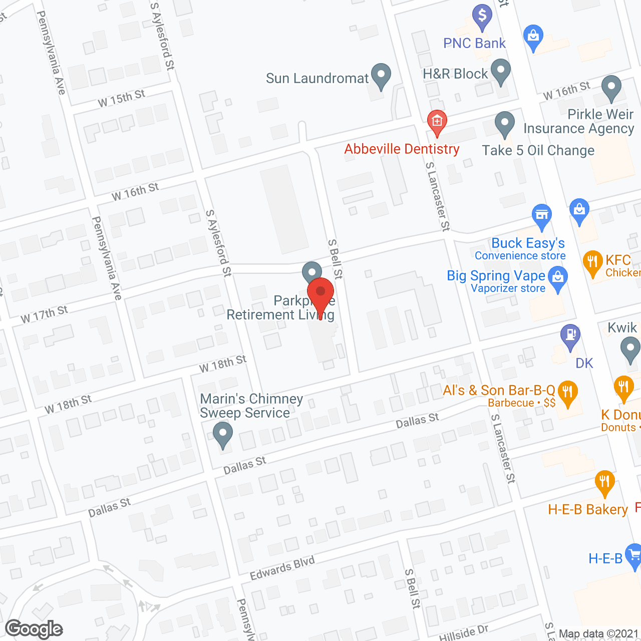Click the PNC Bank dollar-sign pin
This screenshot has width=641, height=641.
482,17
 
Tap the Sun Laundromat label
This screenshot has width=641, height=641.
317,79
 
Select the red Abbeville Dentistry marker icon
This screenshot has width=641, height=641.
437,122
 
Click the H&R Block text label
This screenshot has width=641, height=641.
455,74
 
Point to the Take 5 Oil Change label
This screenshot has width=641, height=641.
538,151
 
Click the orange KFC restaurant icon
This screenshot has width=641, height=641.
592,261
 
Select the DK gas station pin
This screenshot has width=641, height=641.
570,336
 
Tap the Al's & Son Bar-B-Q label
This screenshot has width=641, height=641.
499,391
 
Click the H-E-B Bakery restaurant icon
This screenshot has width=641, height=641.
604,482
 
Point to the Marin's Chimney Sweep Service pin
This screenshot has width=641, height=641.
223,434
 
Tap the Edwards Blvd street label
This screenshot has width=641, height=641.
282,568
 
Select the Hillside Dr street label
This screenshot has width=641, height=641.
464,633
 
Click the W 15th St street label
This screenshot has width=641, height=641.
122,98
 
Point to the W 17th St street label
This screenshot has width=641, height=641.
44,314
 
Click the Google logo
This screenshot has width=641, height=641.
34,629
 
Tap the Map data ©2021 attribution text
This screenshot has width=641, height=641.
598,634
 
